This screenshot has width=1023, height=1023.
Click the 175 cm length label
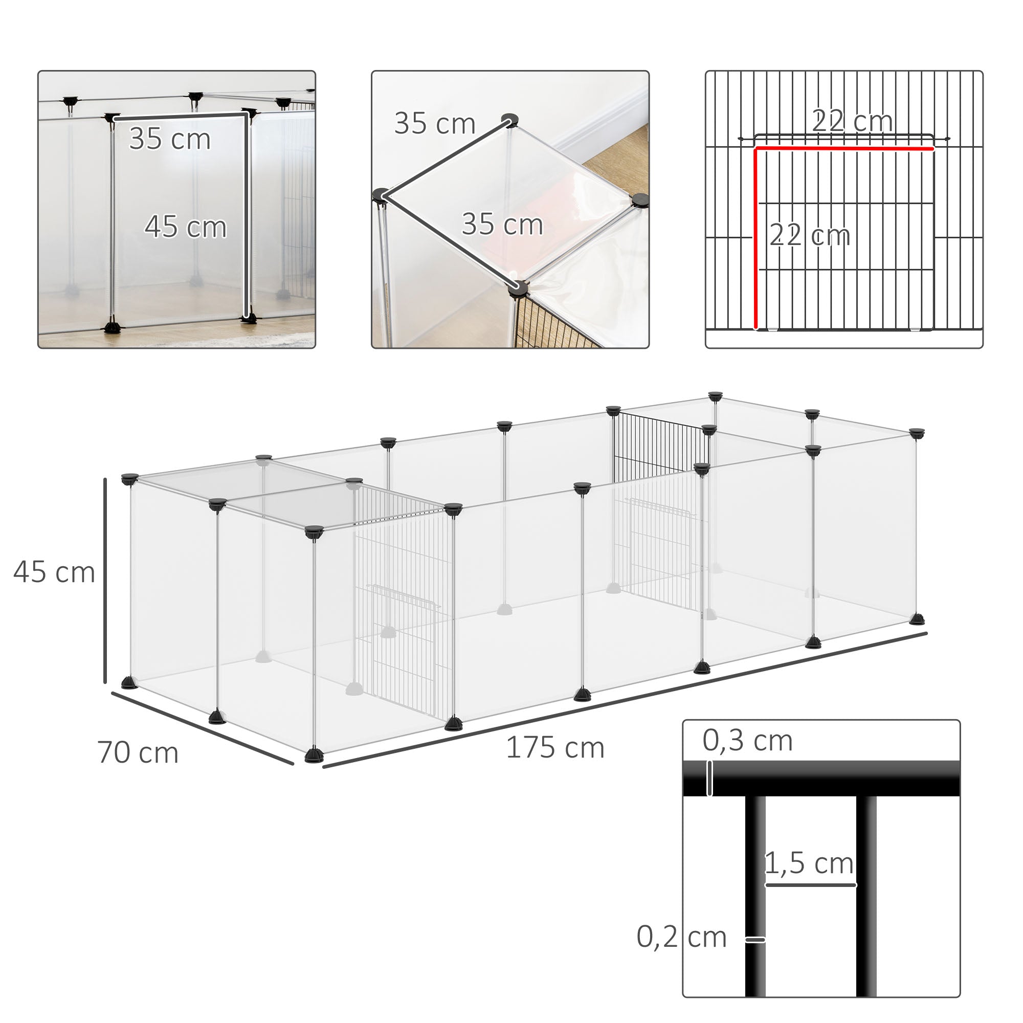555,748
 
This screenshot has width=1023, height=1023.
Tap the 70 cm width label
138,752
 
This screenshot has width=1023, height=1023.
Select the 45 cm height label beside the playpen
54,572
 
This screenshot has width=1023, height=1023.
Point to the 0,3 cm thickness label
747,740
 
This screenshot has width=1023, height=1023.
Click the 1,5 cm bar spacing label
809,864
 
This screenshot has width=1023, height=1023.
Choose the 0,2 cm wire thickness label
681,937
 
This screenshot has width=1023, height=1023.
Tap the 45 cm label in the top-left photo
185,227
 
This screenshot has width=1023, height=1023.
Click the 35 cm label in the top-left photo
169,139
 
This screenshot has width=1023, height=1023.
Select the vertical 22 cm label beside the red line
809,235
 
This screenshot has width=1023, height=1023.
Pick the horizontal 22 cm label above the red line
852,121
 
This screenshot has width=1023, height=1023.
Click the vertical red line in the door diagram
756,238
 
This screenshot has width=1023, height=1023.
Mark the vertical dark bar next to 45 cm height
105,580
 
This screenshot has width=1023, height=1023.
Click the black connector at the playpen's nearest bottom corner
313,755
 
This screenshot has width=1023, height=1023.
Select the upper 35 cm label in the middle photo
434,124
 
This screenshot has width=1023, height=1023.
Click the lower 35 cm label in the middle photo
502,225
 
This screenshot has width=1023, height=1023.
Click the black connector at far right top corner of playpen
917,433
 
